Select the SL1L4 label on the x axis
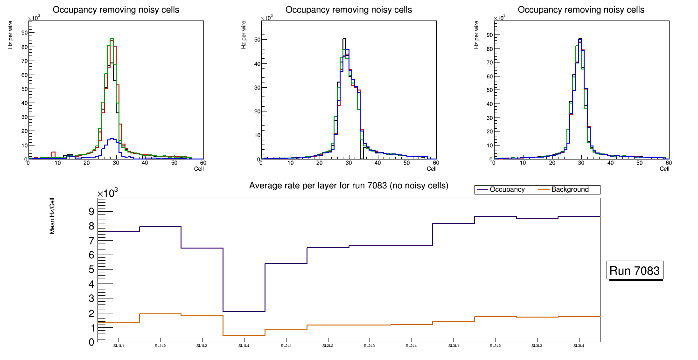pyautogui.click(x=244, y=346)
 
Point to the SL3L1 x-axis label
pyautogui.click(x=454, y=346)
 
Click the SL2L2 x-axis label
pyautogui.click(x=328, y=346)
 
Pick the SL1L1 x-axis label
pyautogui.click(x=119, y=346)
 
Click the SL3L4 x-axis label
pyautogui.click(x=579, y=346)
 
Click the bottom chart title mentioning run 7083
pyautogui.click(x=349, y=186)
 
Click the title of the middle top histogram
pyautogui.click(x=349, y=10)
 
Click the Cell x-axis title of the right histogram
pyautogui.click(x=664, y=169)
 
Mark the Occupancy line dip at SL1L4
pyautogui.click(x=244, y=312)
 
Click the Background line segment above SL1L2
pyautogui.click(x=160, y=314)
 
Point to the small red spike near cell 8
pyautogui.click(x=53, y=153)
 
